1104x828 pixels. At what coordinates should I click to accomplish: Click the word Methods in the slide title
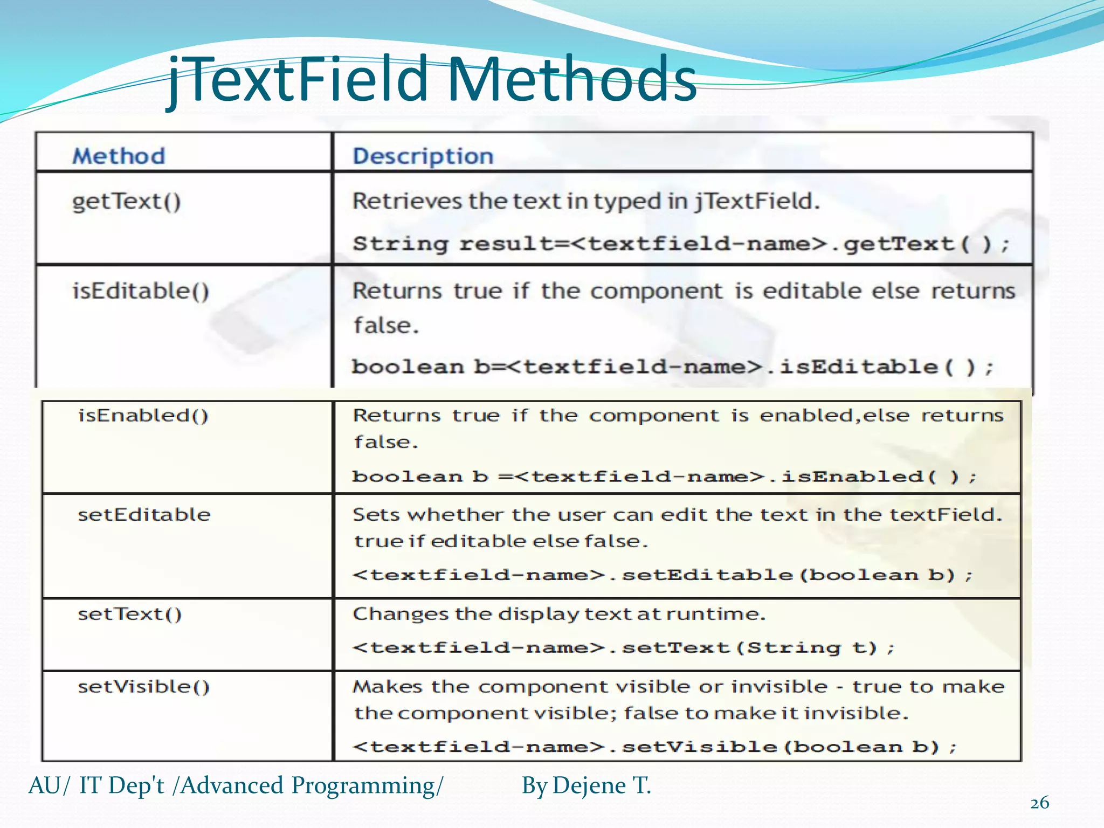tap(571, 80)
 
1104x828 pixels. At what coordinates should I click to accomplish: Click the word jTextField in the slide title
tap(299, 80)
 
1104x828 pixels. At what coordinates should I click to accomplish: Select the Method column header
tap(119, 156)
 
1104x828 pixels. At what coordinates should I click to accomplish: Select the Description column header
tap(423, 156)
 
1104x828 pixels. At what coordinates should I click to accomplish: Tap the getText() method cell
tap(127, 202)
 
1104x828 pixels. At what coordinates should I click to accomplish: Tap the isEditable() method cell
tap(141, 292)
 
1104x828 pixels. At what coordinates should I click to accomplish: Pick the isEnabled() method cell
tap(143, 416)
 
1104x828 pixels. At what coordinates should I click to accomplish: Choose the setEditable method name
tap(144, 515)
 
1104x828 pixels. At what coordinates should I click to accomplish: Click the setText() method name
tap(130, 614)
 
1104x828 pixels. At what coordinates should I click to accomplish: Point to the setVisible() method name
tap(144, 687)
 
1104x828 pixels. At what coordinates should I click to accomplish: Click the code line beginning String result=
tap(681, 244)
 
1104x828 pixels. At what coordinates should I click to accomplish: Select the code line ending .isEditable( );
tap(672, 367)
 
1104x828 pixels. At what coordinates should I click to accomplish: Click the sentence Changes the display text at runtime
tap(559, 614)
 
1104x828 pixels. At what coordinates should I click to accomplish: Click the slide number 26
tap(1039, 803)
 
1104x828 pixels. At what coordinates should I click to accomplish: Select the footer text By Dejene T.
tap(586, 785)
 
